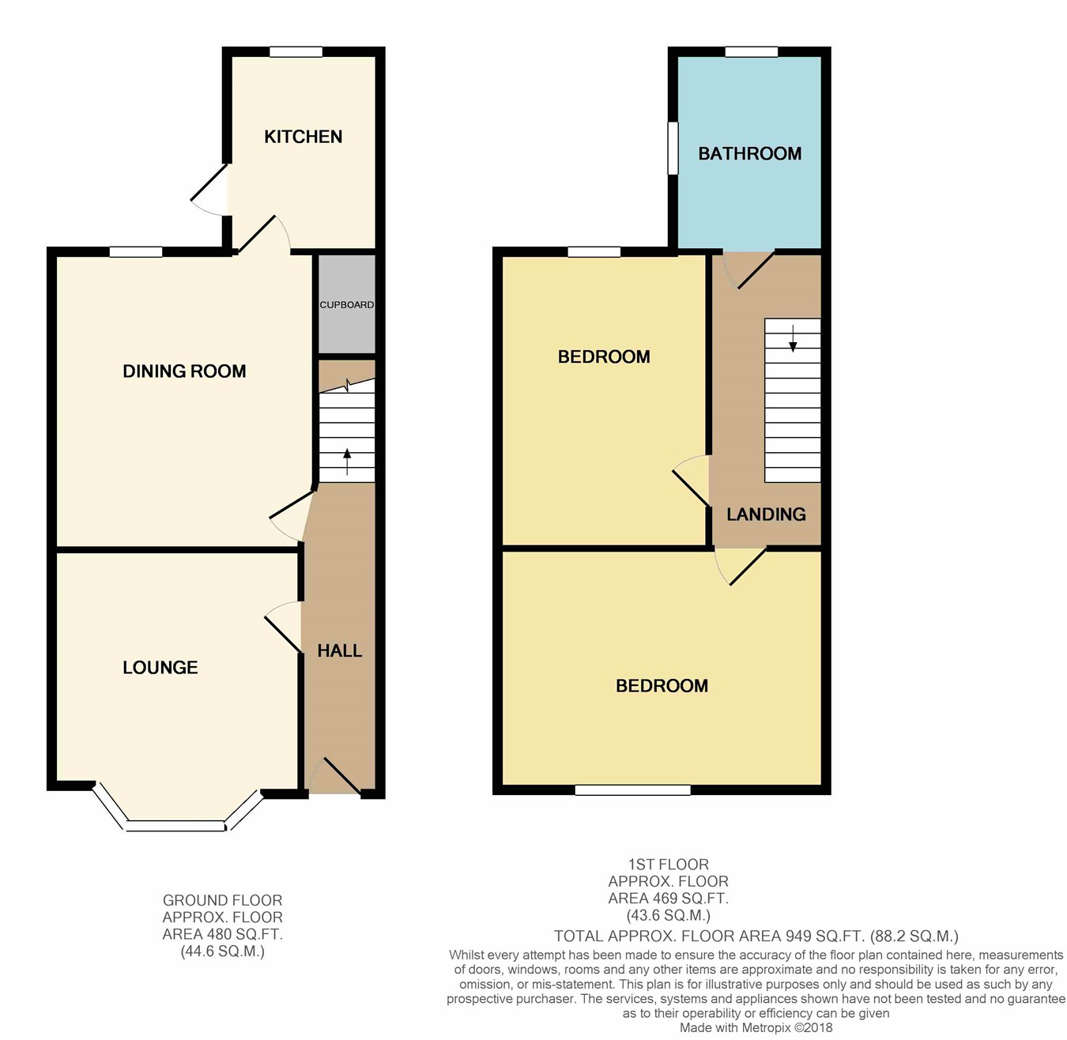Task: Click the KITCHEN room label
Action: pos(304,137)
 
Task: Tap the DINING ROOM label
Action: pos(184,371)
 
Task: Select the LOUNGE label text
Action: pos(160,667)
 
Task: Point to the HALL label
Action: pos(339,650)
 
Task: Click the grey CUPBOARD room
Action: pos(347,304)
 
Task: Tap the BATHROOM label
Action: pos(749,153)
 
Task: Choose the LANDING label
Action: pos(766,514)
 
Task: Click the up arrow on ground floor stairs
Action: pos(346,462)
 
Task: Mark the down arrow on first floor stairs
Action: pos(793,338)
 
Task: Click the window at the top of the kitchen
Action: pos(296,52)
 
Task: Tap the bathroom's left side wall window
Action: pos(673,148)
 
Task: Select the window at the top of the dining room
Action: pos(136,252)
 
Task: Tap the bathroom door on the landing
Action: pos(748,269)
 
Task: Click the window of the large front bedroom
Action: pos(633,789)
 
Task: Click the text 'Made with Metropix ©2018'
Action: pos(756,1028)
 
